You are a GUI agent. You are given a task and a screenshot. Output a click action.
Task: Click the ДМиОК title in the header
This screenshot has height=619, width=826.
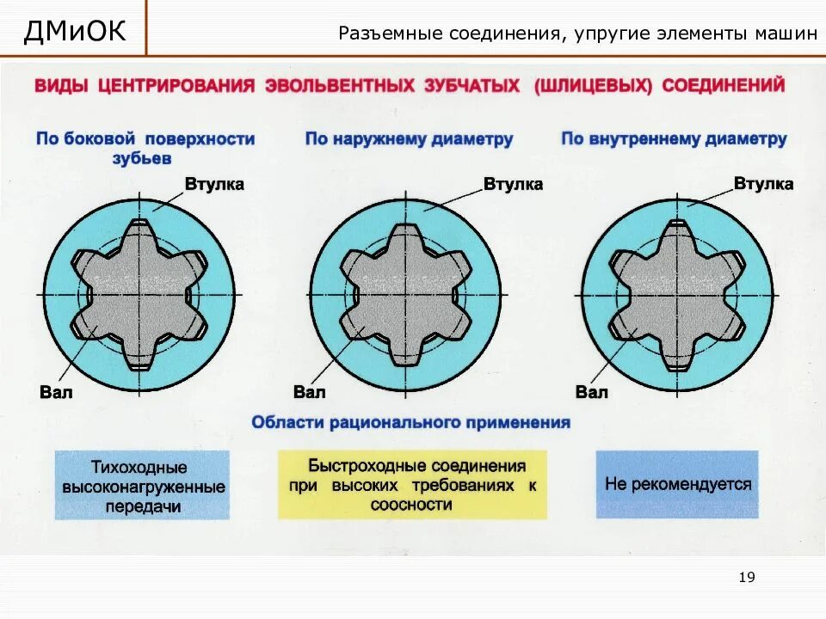point(75,32)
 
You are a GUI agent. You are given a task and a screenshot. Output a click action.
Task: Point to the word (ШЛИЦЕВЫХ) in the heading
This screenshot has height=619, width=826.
point(594,86)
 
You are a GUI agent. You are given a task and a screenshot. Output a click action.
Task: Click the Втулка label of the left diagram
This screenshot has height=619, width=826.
point(214,184)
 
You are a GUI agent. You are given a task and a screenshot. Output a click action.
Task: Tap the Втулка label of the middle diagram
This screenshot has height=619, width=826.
point(513,184)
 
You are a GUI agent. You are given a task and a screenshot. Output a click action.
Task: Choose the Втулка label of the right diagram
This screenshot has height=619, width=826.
point(763,184)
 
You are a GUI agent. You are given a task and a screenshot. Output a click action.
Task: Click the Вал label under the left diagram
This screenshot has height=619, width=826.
point(57,392)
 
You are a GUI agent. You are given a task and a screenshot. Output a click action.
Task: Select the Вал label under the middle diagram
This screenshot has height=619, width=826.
point(310,392)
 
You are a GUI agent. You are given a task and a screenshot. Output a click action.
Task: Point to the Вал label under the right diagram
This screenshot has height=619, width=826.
point(592,392)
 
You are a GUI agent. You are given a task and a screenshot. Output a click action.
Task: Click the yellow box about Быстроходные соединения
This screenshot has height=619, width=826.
point(412,485)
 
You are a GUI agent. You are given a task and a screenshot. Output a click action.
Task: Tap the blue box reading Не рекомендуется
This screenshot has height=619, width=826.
point(677,484)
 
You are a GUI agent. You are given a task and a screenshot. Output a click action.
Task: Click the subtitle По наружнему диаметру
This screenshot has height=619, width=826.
point(409,139)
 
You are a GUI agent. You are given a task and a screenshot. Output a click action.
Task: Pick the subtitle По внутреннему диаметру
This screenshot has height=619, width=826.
point(674,139)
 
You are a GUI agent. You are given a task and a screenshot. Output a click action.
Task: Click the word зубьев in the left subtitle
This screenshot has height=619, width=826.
point(142,158)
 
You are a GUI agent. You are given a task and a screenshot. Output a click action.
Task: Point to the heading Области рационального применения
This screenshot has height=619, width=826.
point(410,423)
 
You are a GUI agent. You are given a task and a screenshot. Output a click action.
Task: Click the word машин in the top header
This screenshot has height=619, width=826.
point(787,34)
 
